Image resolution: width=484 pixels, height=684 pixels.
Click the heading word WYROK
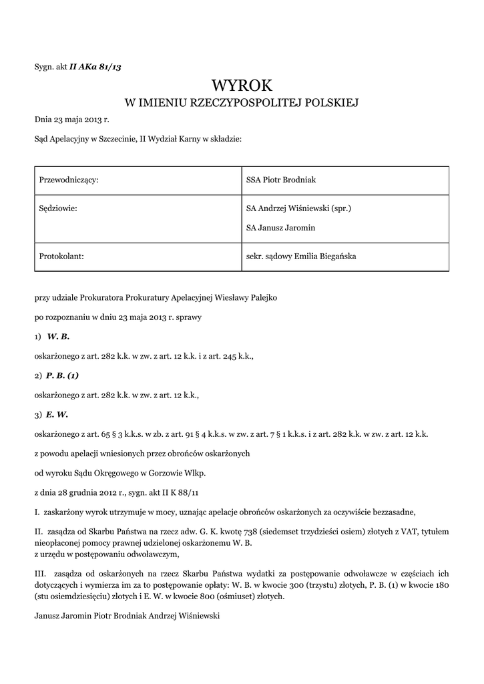[242, 85]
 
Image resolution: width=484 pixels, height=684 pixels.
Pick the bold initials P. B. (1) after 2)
[63, 375]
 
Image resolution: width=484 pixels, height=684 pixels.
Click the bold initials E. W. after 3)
[57, 414]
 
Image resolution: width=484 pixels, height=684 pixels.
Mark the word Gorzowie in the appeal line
[167, 474]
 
